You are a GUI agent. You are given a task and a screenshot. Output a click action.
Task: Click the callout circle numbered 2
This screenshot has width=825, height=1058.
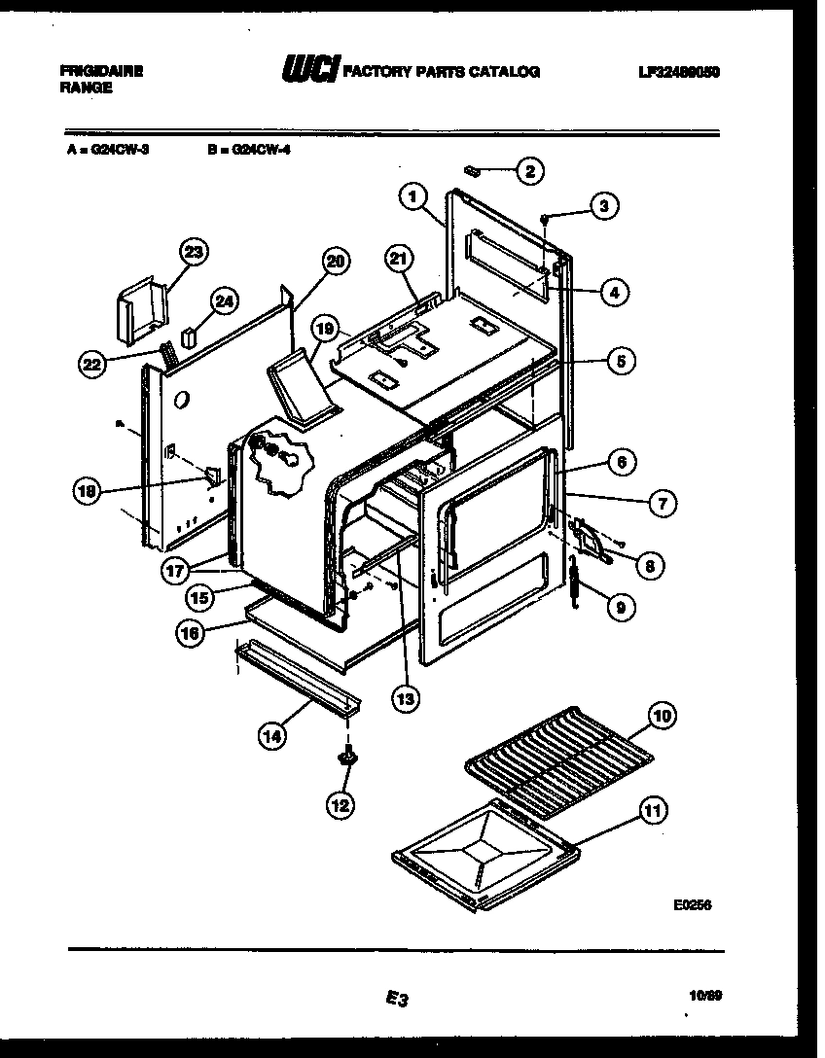[x=529, y=172]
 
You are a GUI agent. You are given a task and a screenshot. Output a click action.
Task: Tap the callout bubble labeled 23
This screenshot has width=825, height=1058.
[x=194, y=252]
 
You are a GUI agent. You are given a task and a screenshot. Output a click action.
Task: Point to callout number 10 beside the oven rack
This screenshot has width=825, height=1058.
[x=661, y=718]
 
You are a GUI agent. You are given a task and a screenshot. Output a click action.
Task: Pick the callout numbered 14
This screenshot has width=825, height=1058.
[x=273, y=736]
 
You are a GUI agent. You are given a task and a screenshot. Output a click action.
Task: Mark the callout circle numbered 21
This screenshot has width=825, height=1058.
[x=399, y=259]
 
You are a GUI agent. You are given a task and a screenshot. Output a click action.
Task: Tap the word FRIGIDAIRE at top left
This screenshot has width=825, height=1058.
[x=101, y=71]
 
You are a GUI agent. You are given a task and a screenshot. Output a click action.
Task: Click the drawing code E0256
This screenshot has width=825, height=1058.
[x=693, y=903]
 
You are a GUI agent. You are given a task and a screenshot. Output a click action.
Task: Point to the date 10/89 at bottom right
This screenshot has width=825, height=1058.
[x=700, y=995]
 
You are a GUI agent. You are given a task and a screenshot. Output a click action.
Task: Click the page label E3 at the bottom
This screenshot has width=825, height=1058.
[x=395, y=998]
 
